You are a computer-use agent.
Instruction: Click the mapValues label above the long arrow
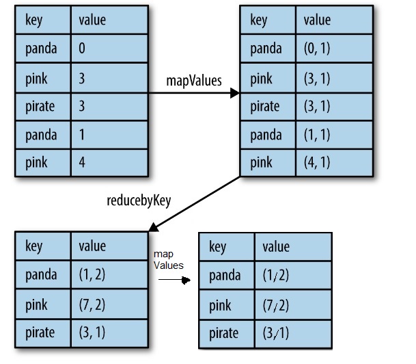click(194, 81)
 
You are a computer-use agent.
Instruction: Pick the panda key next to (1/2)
click(225, 275)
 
